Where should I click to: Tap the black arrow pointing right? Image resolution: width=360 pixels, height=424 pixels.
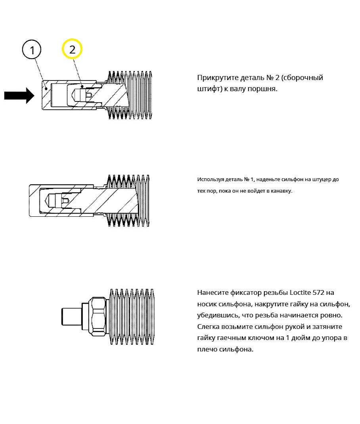19,95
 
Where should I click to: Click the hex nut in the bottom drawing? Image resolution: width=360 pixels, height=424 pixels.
99,316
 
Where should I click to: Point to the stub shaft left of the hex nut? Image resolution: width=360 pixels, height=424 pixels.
72,316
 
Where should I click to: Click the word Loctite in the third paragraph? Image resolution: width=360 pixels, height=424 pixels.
300,292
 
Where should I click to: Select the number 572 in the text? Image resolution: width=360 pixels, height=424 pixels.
318,292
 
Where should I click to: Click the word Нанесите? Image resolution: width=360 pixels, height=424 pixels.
213,292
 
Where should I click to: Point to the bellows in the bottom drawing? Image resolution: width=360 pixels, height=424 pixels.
132,317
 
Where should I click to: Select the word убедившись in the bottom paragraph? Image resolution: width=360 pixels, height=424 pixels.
218,315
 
